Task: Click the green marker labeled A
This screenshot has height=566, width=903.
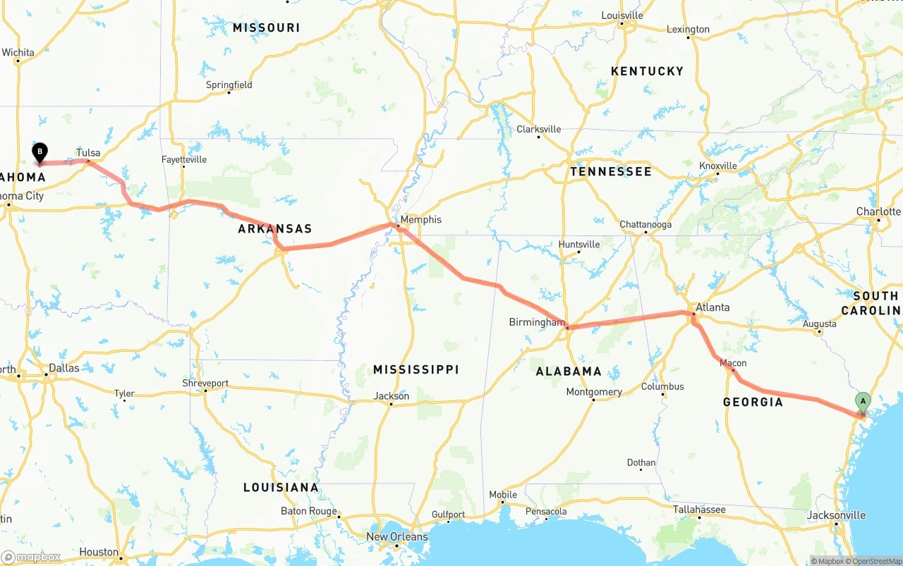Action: [x=862, y=402]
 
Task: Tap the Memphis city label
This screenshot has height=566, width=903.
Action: [x=420, y=220]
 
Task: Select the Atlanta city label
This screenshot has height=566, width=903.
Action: [x=713, y=307]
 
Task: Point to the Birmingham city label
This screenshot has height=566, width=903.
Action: [x=537, y=322]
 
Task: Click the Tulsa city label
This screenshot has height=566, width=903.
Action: [x=88, y=153]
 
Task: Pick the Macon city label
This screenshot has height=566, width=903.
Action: [x=733, y=363]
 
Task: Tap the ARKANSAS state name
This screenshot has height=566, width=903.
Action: [x=274, y=229]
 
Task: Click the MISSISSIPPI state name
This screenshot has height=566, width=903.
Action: [x=416, y=369]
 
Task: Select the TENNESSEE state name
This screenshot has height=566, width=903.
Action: [x=611, y=171]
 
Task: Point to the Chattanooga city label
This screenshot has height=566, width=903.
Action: [x=646, y=225]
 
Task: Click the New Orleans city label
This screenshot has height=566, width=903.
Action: [x=396, y=536]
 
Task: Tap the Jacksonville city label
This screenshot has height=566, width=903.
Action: [x=836, y=515]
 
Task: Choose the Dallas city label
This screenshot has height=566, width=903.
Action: [x=63, y=368]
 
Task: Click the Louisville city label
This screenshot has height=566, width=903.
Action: [x=622, y=16]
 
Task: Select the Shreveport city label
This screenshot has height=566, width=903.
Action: [x=205, y=383]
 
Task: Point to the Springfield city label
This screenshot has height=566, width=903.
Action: [x=229, y=85]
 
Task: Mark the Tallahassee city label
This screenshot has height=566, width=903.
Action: [x=698, y=509]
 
